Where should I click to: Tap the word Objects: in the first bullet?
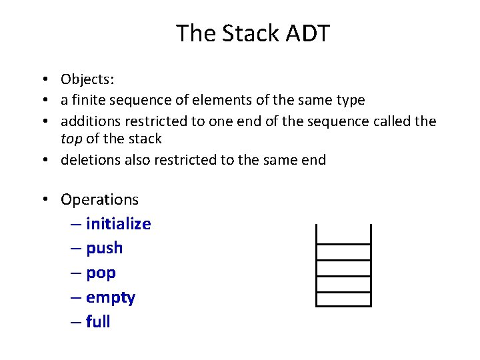pyautogui.click(x=87, y=80)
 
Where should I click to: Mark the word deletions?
pyautogui.click(x=89, y=160)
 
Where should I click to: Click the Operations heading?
pyautogui.click(x=99, y=199)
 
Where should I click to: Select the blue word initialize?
pyautogui.click(x=119, y=224)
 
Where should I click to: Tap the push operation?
pyautogui.click(x=105, y=249)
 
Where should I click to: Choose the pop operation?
pyautogui.click(x=101, y=273)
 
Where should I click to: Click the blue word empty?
pyautogui.click(x=111, y=298)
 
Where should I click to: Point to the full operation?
pyautogui.click(x=98, y=322)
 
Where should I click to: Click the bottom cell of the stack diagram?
pyautogui.click(x=343, y=299)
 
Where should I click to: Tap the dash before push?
pyautogui.click(x=75, y=249)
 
